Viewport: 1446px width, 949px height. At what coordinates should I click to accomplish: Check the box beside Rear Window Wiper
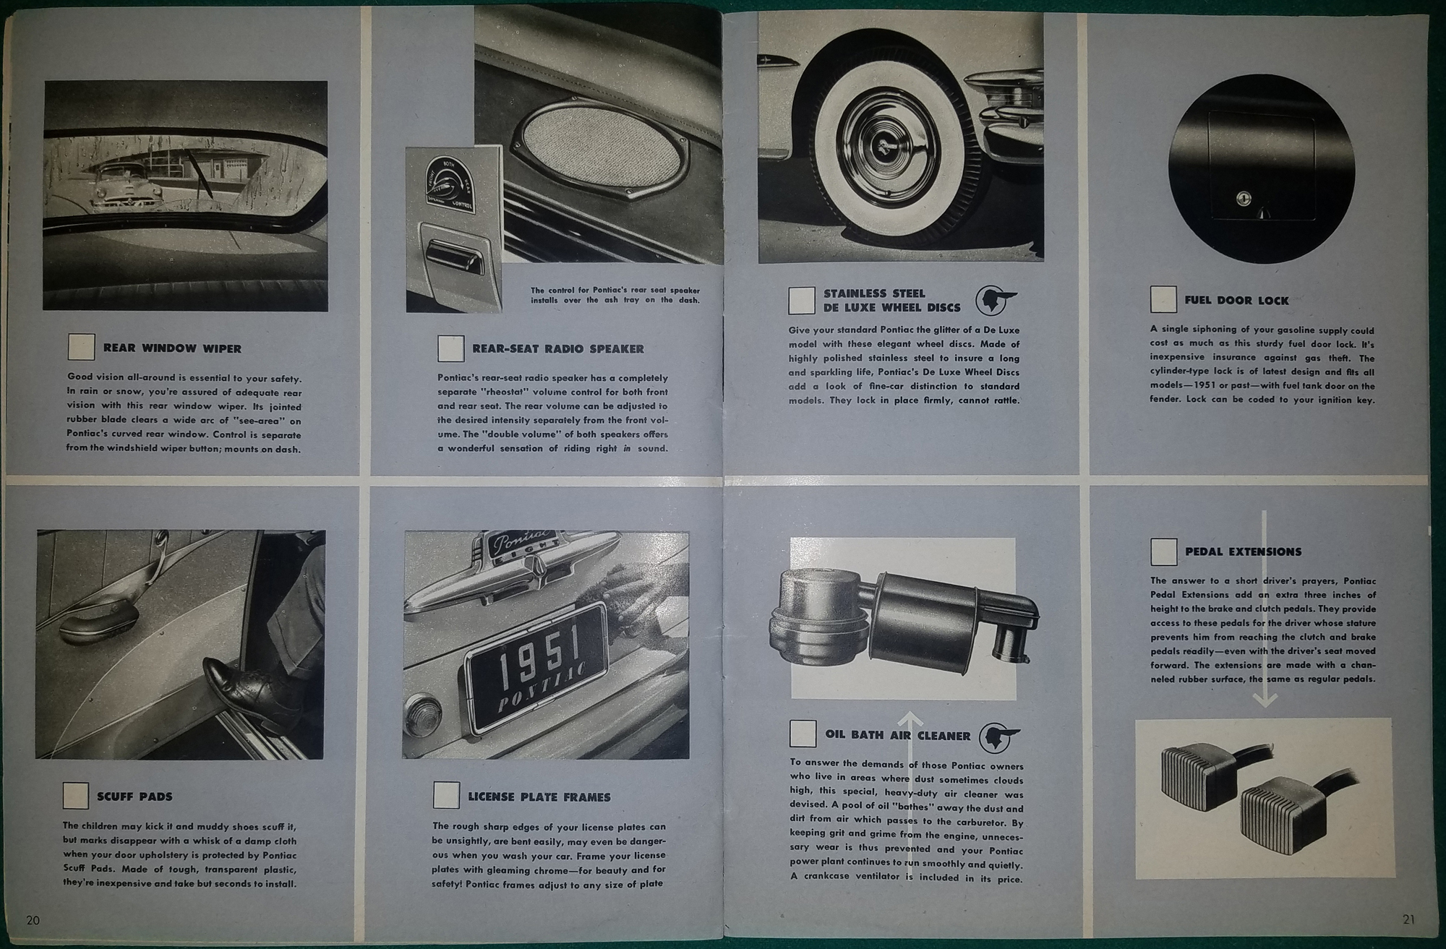coord(81,347)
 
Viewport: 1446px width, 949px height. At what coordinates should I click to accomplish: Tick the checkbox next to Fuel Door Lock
coord(1163,299)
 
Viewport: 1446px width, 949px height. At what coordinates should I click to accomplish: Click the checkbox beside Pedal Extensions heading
coord(1163,551)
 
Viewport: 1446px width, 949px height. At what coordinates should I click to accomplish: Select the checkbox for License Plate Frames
coord(446,796)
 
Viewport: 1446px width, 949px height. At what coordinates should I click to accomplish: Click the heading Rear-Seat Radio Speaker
coord(557,348)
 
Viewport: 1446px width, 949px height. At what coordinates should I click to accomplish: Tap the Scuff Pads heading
coord(134,796)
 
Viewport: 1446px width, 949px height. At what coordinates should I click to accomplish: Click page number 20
coord(33,920)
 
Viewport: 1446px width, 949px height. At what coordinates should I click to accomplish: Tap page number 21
coord(1408,919)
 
